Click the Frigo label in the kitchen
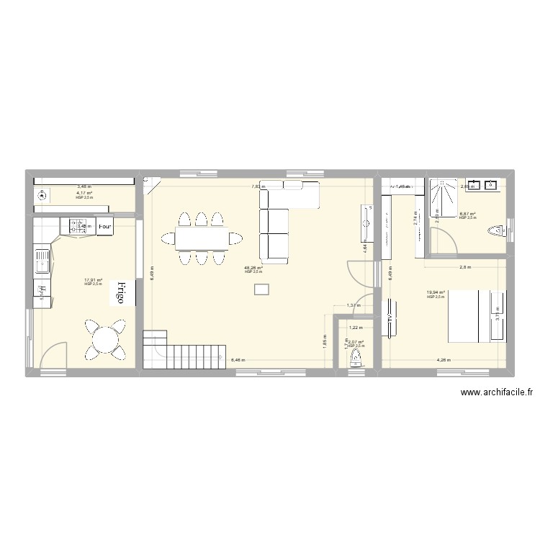(121, 294)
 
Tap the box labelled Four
(105, 225)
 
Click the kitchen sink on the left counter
(42, 261)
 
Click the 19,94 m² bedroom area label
(436, 293)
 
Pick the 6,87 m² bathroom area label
(468, 214)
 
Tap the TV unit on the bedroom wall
(391, 318)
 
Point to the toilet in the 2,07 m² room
(354, 360)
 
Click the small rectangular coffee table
(261, 289)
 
